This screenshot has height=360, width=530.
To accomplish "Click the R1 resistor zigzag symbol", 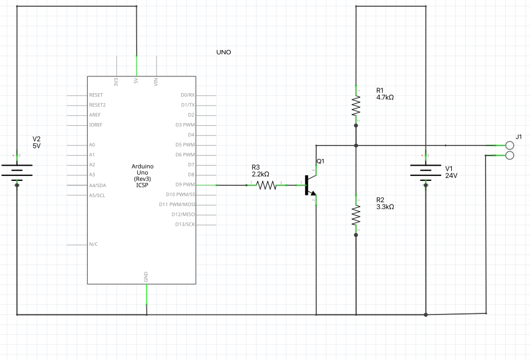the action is [356, 106].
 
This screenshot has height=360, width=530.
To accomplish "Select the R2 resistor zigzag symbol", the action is [356, 215].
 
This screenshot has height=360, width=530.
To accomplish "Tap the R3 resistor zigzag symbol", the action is [266, 185].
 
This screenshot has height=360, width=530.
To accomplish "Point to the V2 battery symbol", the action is [17, 170].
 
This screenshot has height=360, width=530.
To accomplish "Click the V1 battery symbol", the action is [425, 170].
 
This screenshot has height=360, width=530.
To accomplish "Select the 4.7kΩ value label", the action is [385, 98].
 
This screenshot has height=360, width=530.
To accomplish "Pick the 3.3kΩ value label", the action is [385, 207].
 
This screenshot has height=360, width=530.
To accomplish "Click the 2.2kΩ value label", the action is [260, 174].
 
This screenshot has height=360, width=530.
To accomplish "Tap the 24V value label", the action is [451, 175].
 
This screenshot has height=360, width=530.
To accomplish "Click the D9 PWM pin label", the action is [185, 185].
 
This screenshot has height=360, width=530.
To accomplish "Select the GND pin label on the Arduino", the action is [146, 277].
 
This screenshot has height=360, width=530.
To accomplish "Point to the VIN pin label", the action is [156, 82].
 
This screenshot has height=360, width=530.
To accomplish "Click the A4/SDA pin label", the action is [97, 185].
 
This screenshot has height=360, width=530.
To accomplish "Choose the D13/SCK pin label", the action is [185, 224].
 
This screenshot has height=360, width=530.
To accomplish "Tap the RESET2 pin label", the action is [97, 105].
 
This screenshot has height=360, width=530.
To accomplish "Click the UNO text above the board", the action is [223, 52].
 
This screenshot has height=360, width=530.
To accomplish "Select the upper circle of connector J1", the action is [510, 145].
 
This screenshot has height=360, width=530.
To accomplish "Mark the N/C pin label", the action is [93, 244].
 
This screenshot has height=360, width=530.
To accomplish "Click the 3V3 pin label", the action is [116, 82].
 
